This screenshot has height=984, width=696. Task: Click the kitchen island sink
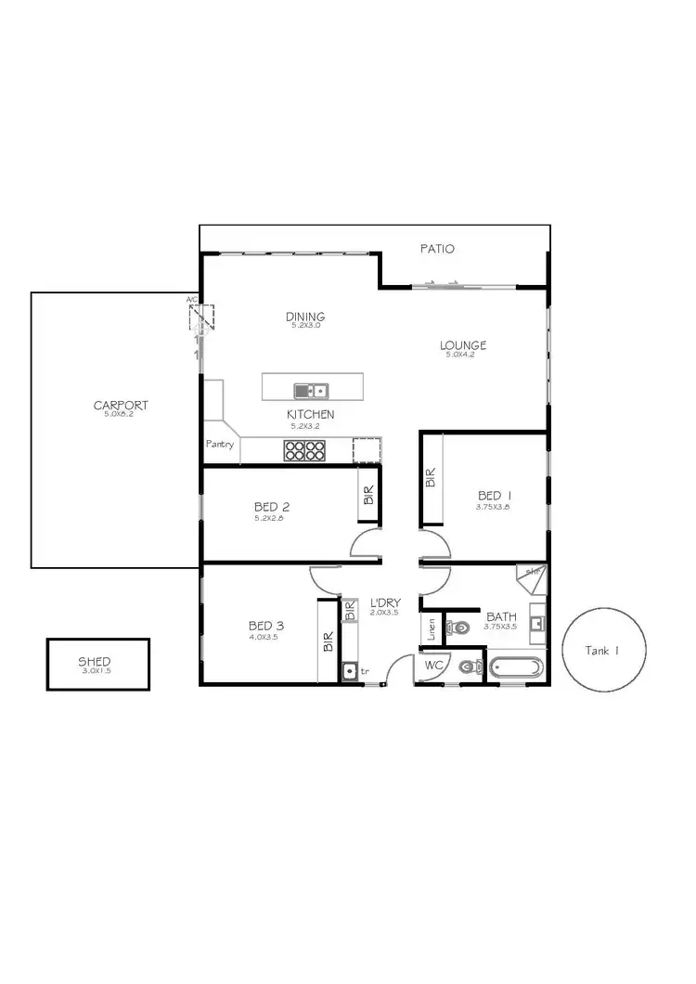click(311, 390)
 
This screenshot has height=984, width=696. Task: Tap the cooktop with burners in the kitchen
click(303, 450)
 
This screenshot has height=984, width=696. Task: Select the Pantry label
click(220, 445)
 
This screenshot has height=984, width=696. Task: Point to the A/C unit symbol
click(201, 318)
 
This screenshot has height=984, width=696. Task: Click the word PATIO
click(437, 249)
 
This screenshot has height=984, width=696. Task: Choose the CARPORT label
click(121, 405)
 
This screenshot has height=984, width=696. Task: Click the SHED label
click(95, 662)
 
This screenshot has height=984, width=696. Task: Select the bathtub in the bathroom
click(516, 667)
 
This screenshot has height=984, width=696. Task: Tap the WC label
click(433, 666)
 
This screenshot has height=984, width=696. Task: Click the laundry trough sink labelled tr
click(350, 670)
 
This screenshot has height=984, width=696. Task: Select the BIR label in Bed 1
click(431, 478)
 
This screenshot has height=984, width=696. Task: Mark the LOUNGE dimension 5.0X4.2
click(463, 356)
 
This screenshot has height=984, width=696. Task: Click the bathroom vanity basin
click(537, 623)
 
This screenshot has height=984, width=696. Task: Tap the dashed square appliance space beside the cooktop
click(367, 449)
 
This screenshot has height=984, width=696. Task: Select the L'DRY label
click(383, 602)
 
